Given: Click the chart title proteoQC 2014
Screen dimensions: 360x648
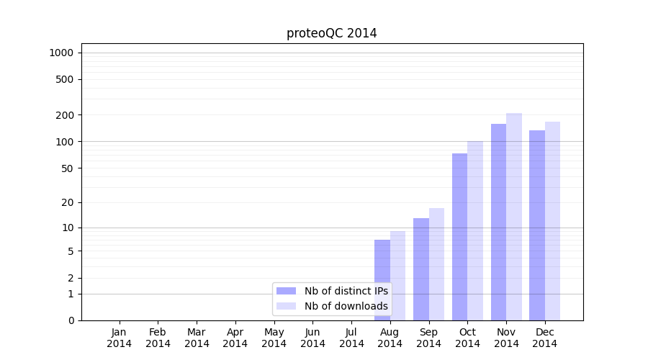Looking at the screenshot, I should pos(331,33).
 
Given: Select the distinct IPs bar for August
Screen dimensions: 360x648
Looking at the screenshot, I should pos(382,280).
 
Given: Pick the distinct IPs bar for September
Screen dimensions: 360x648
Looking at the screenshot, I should pos(421,269).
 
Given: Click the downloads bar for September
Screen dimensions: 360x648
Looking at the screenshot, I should pos(437,264).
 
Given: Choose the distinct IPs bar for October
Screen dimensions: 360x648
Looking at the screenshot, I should pos(460,237).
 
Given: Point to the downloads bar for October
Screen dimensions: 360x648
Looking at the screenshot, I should pos(475,230).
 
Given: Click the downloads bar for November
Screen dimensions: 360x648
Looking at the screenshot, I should pos(514,217).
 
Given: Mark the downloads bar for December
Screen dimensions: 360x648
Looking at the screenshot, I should pos(553,221).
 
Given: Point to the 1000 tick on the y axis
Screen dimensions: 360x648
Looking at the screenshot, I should pos(61,53).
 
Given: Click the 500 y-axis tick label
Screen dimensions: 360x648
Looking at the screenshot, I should pos(66,79).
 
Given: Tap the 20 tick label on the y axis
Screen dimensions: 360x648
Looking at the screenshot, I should pos(68,202).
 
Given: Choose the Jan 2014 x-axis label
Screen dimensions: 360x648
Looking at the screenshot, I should pos(120,338).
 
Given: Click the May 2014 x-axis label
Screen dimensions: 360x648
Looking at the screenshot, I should pos(274,338).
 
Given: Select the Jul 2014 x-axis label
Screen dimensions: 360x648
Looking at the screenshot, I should pos(351,338).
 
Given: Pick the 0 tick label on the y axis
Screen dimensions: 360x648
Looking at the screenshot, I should pos(71,320).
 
